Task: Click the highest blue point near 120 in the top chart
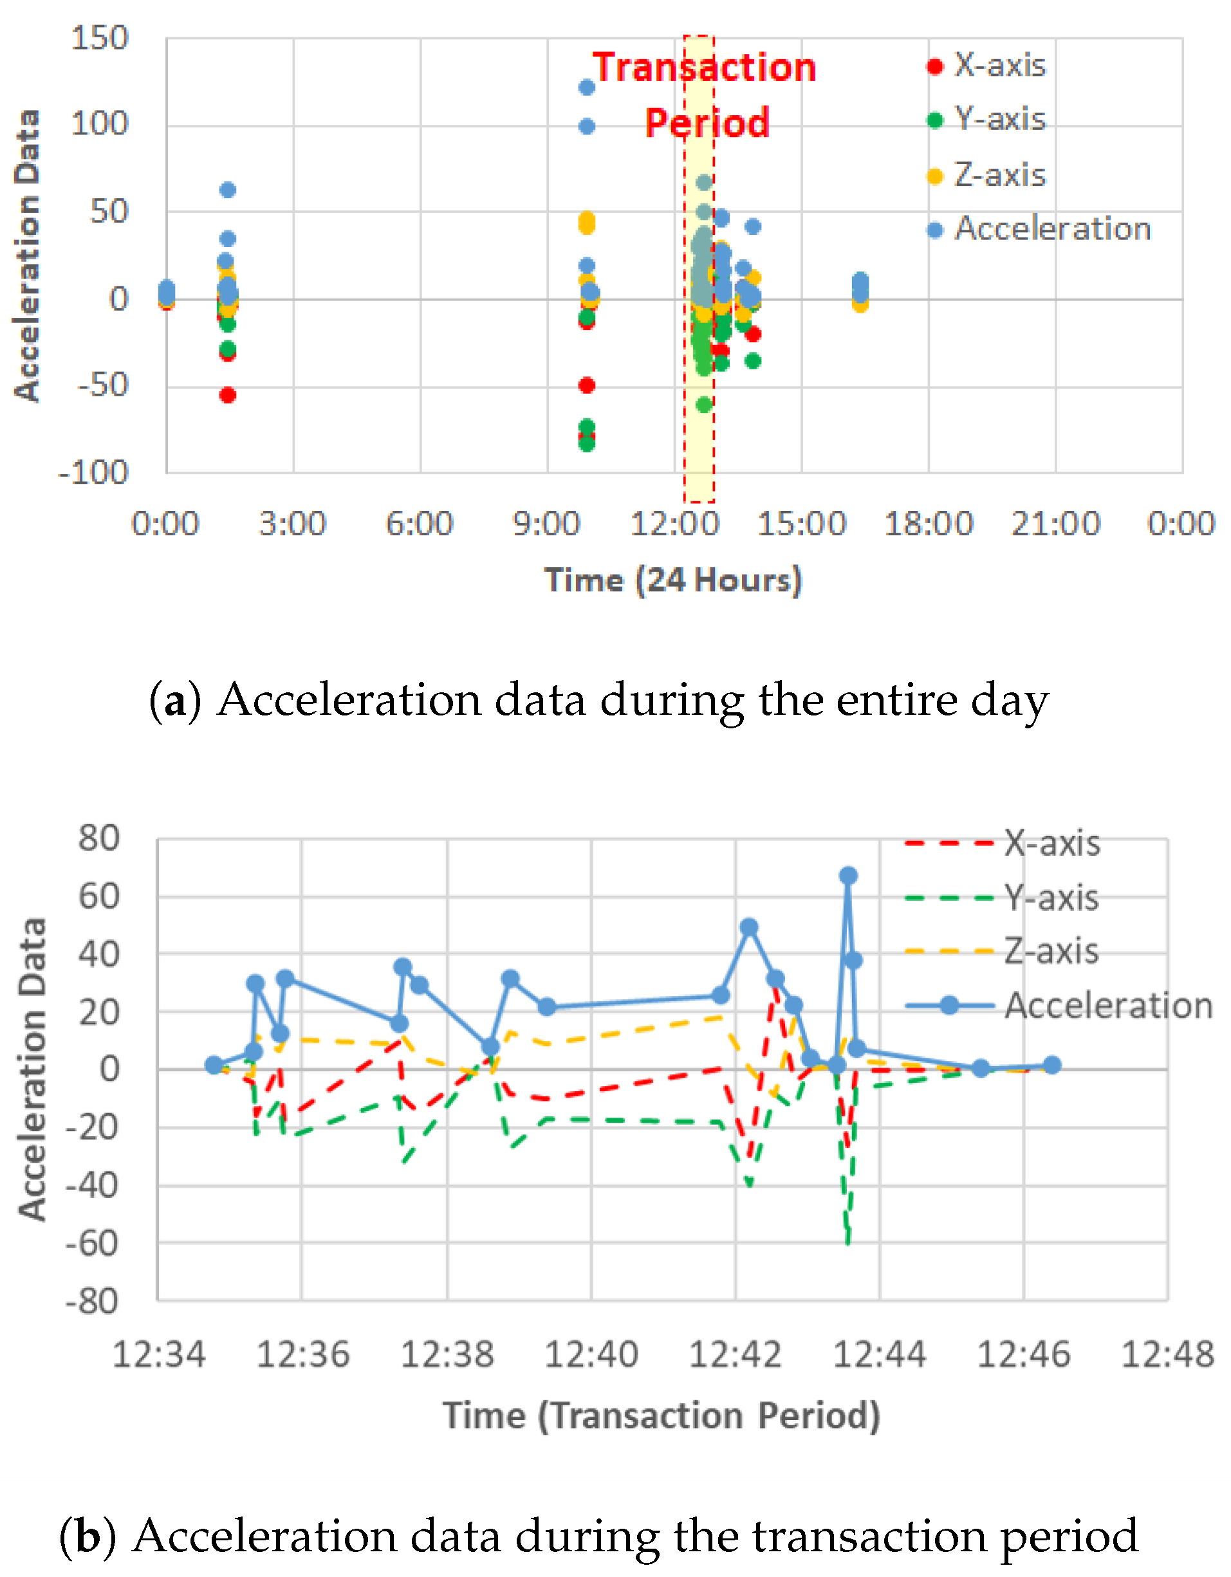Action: (x=586, y=88)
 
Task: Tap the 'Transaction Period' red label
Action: (x=705, y=95)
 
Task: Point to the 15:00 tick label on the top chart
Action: (x=801, y=524)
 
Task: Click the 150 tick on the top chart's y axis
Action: (x=99, y=38)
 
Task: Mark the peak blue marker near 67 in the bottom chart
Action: (x=848, y=875)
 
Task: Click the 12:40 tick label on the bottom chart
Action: (x=591, y=1354)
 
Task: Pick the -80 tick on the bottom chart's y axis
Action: (x=91, y=1302)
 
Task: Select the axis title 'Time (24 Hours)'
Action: (x=673, y=581)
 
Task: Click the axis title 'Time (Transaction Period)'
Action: (x=662, y=1416)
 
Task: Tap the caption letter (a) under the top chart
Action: (x=175, y=701)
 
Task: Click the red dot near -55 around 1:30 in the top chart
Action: (x=227, y=395)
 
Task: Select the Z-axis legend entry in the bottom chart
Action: (x=1051, y=952)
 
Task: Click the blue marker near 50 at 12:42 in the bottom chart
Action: (x=749, y=927)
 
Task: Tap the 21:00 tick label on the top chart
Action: (x=1055, y=524)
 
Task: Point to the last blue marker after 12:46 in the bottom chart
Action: (x=1052, y=1065)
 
